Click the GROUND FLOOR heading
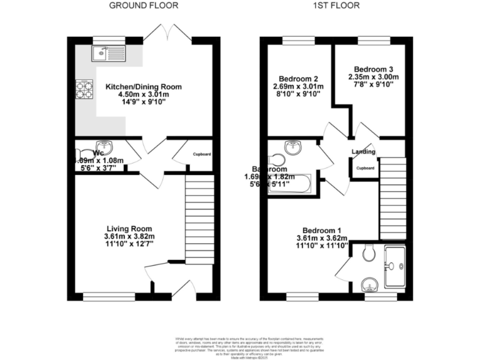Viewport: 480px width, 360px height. (144, 6)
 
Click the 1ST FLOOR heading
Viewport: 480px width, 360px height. (336, 6)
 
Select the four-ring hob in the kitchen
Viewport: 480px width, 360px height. (84, 89)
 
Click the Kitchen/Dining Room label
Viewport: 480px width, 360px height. (144, 87)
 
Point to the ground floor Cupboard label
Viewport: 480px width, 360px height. (201, 154)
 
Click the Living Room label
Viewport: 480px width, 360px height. (129, 228)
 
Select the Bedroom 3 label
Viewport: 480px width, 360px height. (373, 69)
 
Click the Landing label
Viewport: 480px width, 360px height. (363, 152)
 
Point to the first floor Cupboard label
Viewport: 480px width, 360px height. (365, 168)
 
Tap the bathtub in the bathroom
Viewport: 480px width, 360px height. (292, 186)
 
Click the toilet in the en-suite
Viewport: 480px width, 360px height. (369, 252)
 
